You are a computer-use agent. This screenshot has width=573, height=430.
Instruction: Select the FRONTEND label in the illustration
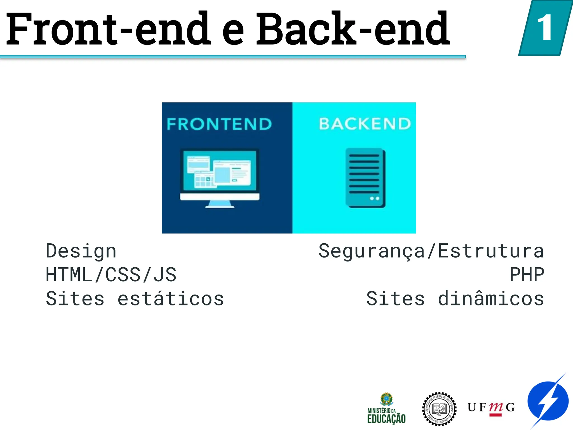coord(219,124)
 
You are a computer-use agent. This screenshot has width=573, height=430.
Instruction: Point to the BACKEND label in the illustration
coord(365,124)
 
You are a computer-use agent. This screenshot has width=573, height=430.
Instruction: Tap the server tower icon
coord(365,178)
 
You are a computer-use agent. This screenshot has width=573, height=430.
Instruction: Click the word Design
coord(81,251)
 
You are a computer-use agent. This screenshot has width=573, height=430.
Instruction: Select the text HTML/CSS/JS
coord(111,275)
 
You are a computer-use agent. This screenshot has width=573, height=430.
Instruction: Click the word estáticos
coord(171,298)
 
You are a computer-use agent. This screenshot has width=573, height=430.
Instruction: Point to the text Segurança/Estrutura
coord(431,251)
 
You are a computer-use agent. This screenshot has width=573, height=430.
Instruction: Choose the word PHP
coord(527,275)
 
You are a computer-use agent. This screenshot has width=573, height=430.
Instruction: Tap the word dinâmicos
coord(491,298)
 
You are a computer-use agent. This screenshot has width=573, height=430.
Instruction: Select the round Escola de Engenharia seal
coord(439,409)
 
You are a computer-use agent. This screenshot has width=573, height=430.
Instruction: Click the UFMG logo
coord(491,408)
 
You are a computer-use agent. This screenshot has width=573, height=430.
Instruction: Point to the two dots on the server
coord(374,198)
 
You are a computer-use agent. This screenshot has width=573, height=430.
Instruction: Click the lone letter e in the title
coord(233,32)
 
